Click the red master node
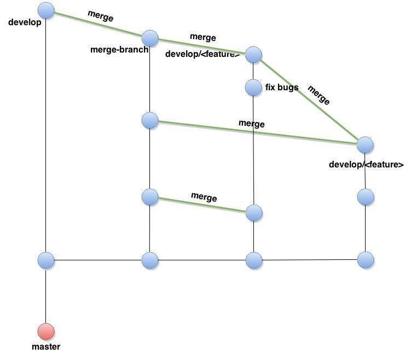(x=46, y=332)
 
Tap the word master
(x=46, y=347)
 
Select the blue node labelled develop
(x=47, y=10)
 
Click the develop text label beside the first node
(x=25, y=23)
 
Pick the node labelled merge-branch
(x=150, y=38)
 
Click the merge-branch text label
(x=119, y=50)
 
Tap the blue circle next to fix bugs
(x=253, y=87)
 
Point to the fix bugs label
(x=282, y=87)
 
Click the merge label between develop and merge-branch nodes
(x=100, y=16)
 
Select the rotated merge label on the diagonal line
(x=319, y=95)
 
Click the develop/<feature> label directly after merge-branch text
(x=202, y=54)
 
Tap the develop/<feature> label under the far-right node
(x=366, y=165)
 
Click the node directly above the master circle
(x=47, y=260)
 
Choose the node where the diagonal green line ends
(x=365, y=145)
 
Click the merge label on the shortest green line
(x=204, y=197)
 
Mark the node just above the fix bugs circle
(x=253, y=55)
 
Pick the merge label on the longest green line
(x=251, y=124)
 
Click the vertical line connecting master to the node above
(x=46, y=295)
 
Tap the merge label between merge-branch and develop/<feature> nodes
(x=202, y=37)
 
